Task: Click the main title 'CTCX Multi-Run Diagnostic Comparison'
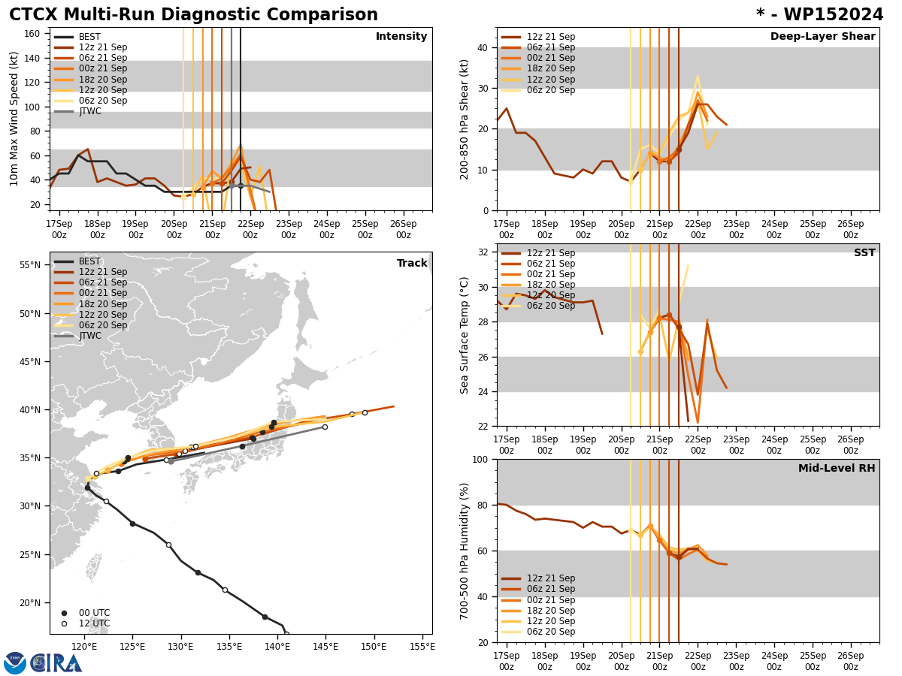click(x=193, y=15)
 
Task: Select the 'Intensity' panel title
click(x=401, y=37)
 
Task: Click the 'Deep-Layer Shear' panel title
click(x=822, y=37)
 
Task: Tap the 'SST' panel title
click(x=864, y=253)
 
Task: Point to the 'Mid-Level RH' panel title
click(x=837, y=469)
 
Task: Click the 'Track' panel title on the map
click(x=412, y=264)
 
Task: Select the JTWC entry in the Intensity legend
click(x=89, y=111)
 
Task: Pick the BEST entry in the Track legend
click(x=89, y=261)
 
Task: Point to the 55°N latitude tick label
click(x=30, y=265)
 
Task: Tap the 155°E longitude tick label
click(x=422, y=646)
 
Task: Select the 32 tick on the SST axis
click(x=483, y=252)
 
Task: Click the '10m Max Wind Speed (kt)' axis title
click(x=14, y=119)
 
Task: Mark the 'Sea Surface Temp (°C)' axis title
click(x=465, y=335)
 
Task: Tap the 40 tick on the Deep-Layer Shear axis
click(x=483, y=47)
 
